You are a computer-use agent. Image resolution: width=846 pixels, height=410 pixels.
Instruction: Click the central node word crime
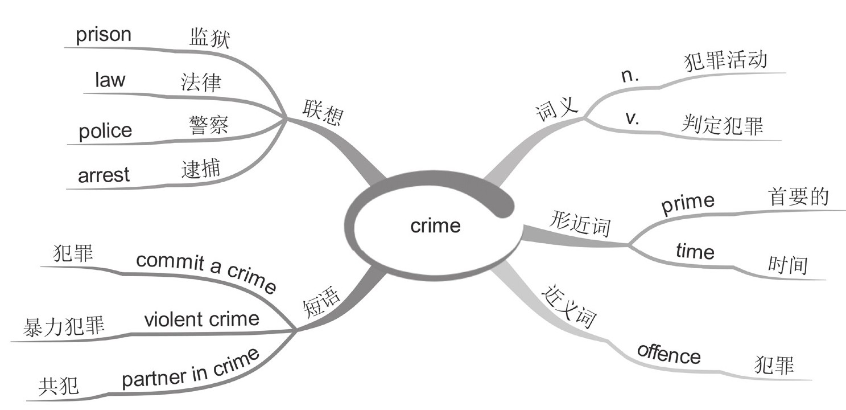[435, 226]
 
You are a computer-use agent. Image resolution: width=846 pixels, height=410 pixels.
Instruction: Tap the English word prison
[103, 35]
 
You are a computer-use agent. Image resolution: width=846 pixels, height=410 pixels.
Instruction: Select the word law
[110, 80]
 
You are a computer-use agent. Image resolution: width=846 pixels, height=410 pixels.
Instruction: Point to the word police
[105, 131]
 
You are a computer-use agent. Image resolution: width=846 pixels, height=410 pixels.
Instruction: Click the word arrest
[104, 175]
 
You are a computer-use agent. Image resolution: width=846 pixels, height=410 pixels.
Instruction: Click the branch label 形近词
[580, 224]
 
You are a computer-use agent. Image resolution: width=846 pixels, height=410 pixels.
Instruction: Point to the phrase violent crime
[201, 319]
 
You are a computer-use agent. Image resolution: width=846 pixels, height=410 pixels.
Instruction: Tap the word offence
[668, 354]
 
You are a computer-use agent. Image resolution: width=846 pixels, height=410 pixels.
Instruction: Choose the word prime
[687, 203]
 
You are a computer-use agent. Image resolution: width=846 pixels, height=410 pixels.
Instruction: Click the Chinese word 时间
[788, 265]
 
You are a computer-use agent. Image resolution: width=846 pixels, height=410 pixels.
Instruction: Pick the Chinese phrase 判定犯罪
[722, 125]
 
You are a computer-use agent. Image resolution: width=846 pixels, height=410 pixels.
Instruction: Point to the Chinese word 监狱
[209, 39]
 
